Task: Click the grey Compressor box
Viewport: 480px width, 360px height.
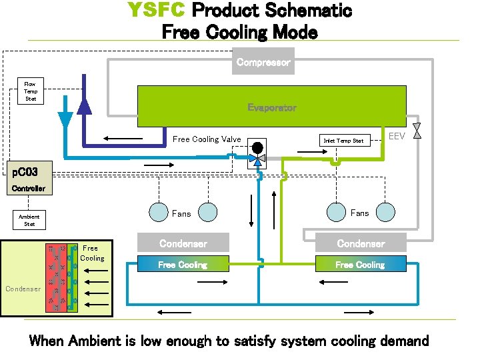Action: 263,62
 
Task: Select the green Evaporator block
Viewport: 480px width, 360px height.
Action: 271,107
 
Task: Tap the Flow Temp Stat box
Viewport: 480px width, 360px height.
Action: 31,91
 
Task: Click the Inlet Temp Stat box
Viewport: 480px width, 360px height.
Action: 343,141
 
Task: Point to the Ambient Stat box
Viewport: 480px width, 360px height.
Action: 29,220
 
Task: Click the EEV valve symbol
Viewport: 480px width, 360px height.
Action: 417,131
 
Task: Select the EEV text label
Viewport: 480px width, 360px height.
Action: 398,136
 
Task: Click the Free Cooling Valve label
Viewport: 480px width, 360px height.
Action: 207,139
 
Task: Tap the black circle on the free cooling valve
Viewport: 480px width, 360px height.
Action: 256,147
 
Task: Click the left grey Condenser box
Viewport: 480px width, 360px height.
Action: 183,243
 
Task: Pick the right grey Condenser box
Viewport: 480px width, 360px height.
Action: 360,243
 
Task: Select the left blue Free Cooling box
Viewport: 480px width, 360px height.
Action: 183,265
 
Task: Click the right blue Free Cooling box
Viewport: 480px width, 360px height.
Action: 360,265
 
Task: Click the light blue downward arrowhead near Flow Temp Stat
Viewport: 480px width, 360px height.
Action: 65,120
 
